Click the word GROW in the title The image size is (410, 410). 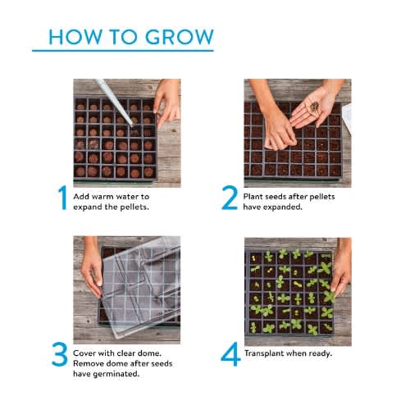coord(180,37)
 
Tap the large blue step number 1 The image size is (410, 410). coord(62,198)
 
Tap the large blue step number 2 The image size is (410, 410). coord(230,198)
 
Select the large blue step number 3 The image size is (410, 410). coord(60,354)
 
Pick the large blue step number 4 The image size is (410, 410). coord(230,354)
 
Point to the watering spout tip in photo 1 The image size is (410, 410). coord(131,125)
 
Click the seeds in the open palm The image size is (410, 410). coord(314,107)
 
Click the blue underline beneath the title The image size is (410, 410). coord(123,51)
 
